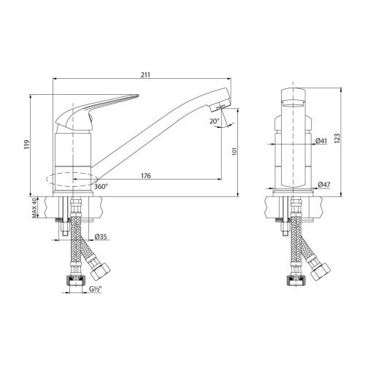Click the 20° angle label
click(x=214, y=121)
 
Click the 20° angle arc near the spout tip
click(x=223, y=119)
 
